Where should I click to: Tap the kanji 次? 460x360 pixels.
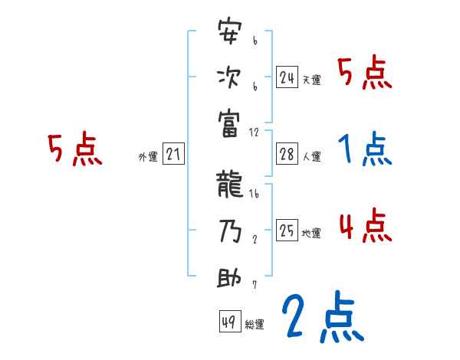pyautogui.click(x=230, y=77)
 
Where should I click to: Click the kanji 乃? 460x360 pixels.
pyautogui.click(x=230, y=231)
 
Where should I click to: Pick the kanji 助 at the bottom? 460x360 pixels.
pyautogui.click(x=230, y=277)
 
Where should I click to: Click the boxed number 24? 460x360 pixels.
pyautogui.click(x=287, y=77)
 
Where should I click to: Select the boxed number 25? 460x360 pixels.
pyautogui.click(x=287, y=231)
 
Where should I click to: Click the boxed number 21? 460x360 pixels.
pyautogui.click(x=173, y=155)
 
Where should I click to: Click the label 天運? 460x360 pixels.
pyautogui.click(x=311, y=80)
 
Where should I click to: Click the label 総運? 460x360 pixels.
pyautogui.click(x=255, y=324)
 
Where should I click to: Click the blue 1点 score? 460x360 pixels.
pyautogui.click(x=365, y=149)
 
